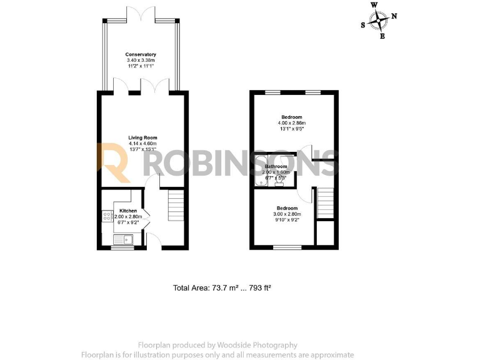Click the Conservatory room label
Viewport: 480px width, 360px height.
pyautogui.click(x=140, y=54)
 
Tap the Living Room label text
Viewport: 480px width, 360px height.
pyautogui.click(x=142, y=137)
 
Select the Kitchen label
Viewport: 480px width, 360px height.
pyautogui.click(x=128, y=211)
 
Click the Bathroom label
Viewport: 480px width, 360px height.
pyautogui.click(x=276, y=167)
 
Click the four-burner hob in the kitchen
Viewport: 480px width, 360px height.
pyautogui.click(x=106, y=218)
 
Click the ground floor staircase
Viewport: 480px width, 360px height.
pyautogui.click(x=176, y=207)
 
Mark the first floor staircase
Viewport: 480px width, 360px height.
pyautogui.click(x=325, y=204)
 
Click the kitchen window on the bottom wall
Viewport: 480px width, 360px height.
pyautogui.click(x=123, y=247)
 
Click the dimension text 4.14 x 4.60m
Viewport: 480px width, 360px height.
pyautogui.click(x=142, y=143)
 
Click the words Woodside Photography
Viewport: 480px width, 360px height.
pyautogui.click(x=257, y=345)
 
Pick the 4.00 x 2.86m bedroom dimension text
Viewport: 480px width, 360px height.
pyautogui.click(x=291, y=123)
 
